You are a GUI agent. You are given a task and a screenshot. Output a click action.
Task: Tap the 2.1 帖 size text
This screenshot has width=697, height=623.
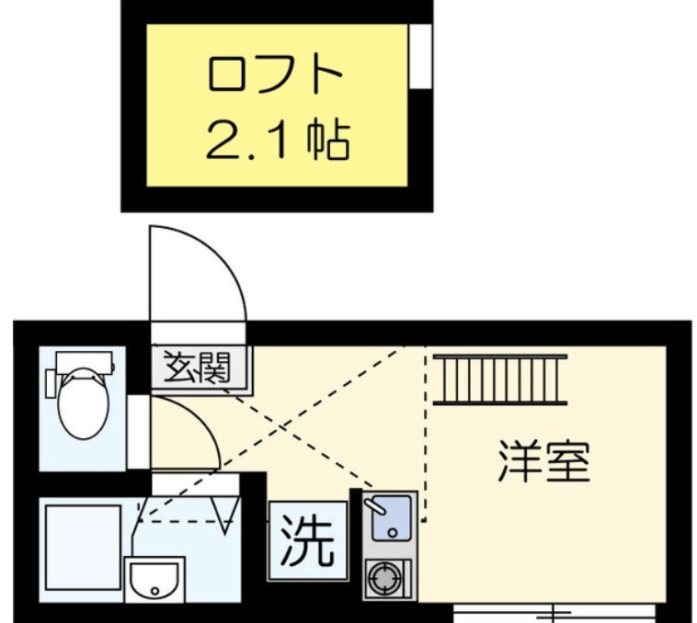[x=277, y=141]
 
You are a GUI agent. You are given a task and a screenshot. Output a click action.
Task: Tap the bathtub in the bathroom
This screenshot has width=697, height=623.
[x=82, y=546]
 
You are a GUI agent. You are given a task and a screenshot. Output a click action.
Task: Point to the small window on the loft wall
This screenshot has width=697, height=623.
[x=420, y=56]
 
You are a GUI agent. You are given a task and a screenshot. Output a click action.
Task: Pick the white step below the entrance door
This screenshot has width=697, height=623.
[x=199, y=333]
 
